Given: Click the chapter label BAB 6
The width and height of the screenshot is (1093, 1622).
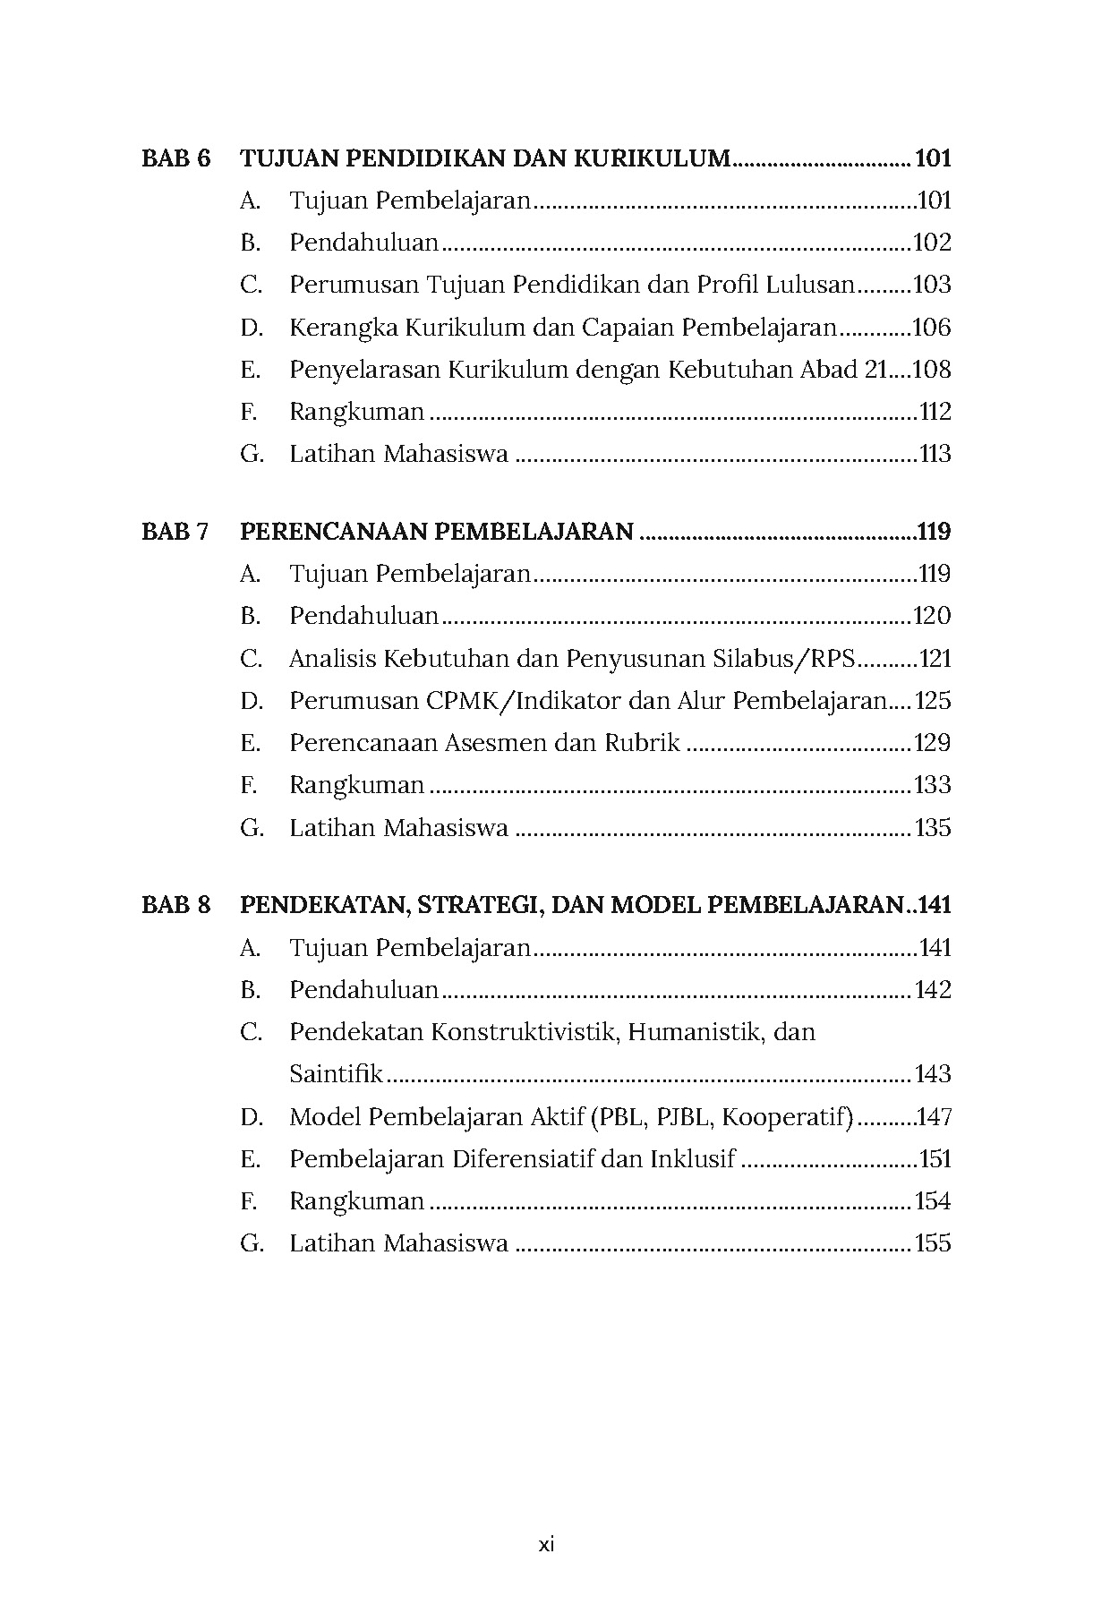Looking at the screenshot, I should tap(176, 159).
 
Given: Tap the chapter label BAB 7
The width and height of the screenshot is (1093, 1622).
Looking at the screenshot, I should tap(175, 532).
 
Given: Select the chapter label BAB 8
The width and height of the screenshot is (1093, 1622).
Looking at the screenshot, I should tap(176, 905).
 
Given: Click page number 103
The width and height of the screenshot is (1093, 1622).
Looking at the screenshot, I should tap(932, 286).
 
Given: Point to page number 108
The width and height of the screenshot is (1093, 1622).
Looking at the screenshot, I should tap(932, 370).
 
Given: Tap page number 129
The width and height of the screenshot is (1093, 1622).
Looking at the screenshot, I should tap(932, 743).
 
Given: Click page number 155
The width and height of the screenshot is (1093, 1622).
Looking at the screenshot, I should tap(932, 1243).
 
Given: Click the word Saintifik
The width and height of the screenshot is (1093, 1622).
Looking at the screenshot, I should tap(336, 1074).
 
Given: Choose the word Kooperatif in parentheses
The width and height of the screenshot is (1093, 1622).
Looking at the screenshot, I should tap(785, 1117).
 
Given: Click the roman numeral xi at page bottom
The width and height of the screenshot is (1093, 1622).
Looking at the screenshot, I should tap(546, 1545).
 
